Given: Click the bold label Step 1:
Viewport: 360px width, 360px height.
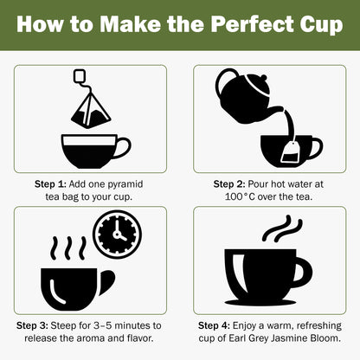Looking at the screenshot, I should [48, 184].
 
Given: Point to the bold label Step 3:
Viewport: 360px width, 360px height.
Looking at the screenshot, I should [37, 325].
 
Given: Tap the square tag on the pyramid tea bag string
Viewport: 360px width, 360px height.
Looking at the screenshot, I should [80, 76].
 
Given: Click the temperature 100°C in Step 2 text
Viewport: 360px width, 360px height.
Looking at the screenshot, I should [235, 196].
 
